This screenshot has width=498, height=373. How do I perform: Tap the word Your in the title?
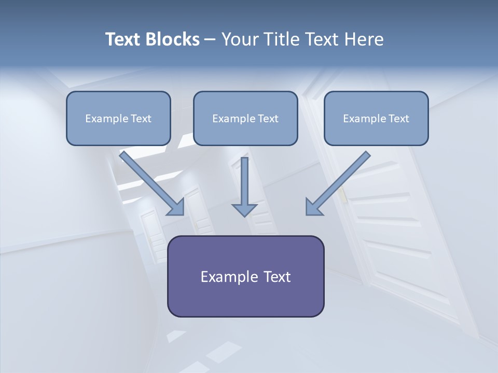tap(240, 39)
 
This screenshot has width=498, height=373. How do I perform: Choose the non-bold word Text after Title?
tap(321, 39)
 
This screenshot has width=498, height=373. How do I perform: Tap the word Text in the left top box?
tap(141, 119)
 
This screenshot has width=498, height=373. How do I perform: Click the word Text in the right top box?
tap(399, 119)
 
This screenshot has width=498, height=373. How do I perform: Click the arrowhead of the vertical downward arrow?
tap(244, 210)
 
